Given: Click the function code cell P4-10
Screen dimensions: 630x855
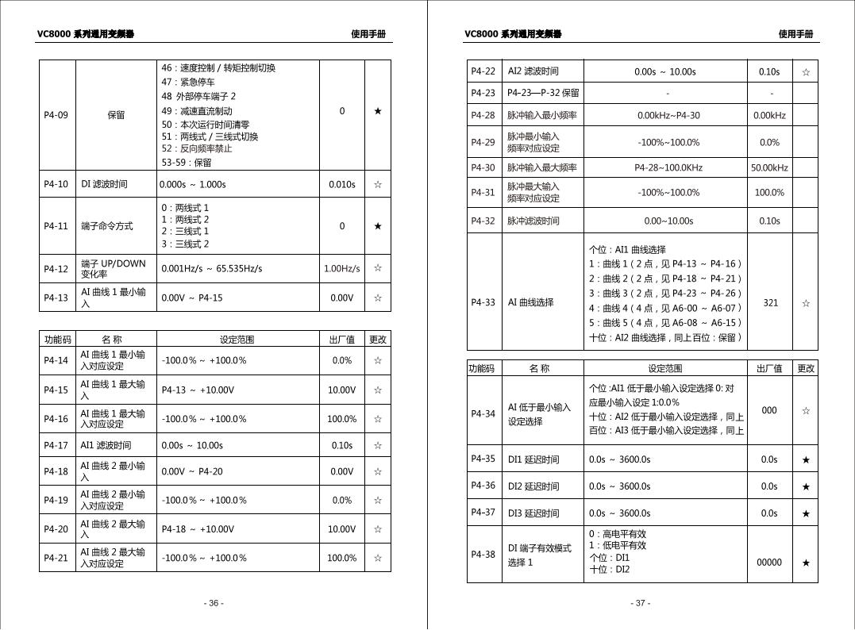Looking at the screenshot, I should (x=56, y=184).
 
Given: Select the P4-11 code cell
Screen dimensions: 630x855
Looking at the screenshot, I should (x=56, y=226).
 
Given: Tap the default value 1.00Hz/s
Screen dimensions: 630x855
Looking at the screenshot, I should (x=341, y=268).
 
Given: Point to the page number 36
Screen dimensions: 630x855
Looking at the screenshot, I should (x=213, y=603).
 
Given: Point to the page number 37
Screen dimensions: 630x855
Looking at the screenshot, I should (x=641, y=603).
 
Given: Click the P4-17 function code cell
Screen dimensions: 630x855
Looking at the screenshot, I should (x=56, y=445).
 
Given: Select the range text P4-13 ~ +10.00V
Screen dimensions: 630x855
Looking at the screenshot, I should (x=198, y=390).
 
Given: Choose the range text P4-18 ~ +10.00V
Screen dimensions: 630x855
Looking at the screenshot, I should (x=198, y=529).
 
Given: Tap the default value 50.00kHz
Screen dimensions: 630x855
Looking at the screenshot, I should (x=768, y=167).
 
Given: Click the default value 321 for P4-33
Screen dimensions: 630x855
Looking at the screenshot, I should (x=769, y=302).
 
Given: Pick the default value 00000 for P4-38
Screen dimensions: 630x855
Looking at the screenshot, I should (x=769, y=563).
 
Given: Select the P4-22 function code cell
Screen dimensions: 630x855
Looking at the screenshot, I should (x=483, y=71).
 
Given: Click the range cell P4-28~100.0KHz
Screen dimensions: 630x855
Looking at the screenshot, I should (x=668, y=167).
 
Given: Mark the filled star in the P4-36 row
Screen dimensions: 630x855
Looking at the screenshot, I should (x=806, y=486).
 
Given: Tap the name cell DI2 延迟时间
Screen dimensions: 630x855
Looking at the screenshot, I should (x=533, y=486).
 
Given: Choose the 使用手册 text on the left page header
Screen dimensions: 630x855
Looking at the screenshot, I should (x=368, y=34).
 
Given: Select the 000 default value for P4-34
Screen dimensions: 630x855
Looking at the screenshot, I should (x=769, y=410).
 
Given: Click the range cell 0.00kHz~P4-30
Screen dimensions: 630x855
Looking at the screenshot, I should (x=668, y=115).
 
